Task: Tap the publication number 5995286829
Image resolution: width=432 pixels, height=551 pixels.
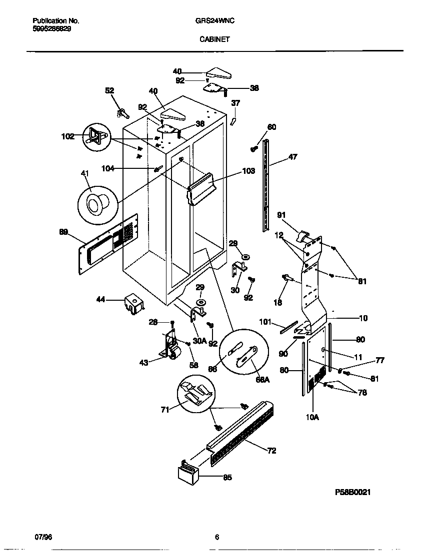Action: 51,29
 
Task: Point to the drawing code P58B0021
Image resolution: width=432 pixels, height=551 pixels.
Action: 353,492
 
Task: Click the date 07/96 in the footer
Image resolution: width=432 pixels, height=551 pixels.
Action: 43,537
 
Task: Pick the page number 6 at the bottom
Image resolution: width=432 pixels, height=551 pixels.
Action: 216,538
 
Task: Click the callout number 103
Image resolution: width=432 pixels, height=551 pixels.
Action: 248,171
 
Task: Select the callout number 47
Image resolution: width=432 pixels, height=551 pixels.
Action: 292,157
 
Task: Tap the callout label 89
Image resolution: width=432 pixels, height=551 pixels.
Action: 63,231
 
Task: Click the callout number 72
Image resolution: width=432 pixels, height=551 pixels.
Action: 271,451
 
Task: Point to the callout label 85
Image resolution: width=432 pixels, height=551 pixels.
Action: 227,477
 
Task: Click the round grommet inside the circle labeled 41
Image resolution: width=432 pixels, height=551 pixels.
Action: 94,204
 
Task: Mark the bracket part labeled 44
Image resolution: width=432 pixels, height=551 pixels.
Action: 132,303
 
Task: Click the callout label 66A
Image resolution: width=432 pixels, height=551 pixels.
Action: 262,379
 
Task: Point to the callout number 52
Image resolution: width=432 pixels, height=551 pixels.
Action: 109,90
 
